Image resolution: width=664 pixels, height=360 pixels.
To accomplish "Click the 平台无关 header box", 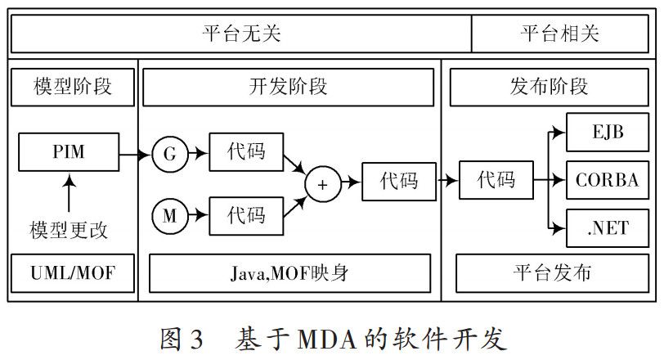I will coord(241,34).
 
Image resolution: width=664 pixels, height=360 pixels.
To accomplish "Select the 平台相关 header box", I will coord(561,34).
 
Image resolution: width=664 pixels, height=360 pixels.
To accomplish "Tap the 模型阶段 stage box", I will coord(73,87).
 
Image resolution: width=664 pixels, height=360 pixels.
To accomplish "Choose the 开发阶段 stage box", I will coord(288,87).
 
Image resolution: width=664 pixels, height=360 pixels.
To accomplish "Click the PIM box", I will coord(69,153).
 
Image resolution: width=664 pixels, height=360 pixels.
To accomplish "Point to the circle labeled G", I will coord(170,153).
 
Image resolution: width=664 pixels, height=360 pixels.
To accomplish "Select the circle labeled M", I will coord(170,216).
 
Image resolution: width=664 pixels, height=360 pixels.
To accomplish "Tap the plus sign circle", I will coord(322,185).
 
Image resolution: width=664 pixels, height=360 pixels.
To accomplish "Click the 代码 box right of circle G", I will coord(247,152).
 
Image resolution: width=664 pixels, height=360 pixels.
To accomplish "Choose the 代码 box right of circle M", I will coord(247,216).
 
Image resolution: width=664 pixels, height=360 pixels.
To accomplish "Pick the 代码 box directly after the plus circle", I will coord(399,180).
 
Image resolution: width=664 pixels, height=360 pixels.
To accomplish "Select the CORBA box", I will coord(607,179).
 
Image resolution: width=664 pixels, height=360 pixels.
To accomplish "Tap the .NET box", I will coord(607,227).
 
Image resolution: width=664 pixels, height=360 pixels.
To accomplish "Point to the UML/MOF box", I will coord(73,273).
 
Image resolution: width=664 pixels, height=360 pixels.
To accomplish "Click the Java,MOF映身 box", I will coord(289,273).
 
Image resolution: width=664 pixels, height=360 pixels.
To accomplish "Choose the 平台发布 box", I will coord(552,273).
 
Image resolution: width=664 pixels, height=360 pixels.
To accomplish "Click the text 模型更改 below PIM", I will coord(69,230).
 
